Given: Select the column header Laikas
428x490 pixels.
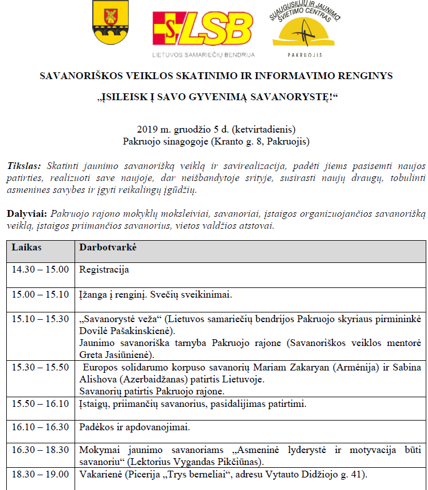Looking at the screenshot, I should click(27, 248).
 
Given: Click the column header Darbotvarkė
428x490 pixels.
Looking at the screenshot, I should click(108, 248).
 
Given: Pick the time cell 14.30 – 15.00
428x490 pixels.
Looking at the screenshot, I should click(40, 269).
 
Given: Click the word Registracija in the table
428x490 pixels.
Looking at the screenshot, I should click(104, 269).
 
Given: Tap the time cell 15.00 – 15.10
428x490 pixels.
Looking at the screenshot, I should click(40, 295).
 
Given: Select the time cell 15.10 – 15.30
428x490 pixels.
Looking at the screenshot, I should click(40, 319).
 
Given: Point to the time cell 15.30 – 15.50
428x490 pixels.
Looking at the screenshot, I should click(40, 368).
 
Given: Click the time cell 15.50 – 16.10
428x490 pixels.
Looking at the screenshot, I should click(40, 404).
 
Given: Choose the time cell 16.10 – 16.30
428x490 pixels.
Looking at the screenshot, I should click(40, 427).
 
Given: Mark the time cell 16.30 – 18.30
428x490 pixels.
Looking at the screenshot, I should click(40, 450).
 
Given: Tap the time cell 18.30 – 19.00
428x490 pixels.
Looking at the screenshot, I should click(40, 474).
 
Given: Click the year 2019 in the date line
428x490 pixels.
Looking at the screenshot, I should click(147, 130).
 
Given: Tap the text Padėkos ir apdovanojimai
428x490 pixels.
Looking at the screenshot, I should click(134, 427).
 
